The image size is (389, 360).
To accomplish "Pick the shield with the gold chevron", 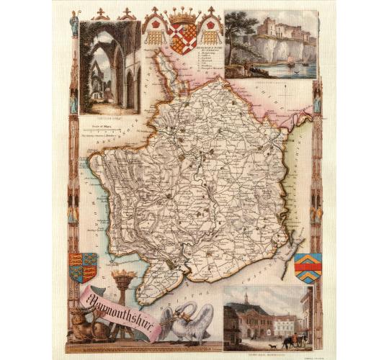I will coord(308,267).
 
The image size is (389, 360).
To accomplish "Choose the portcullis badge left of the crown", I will coord(154,29).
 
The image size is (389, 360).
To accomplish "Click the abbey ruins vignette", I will coord(109,68).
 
